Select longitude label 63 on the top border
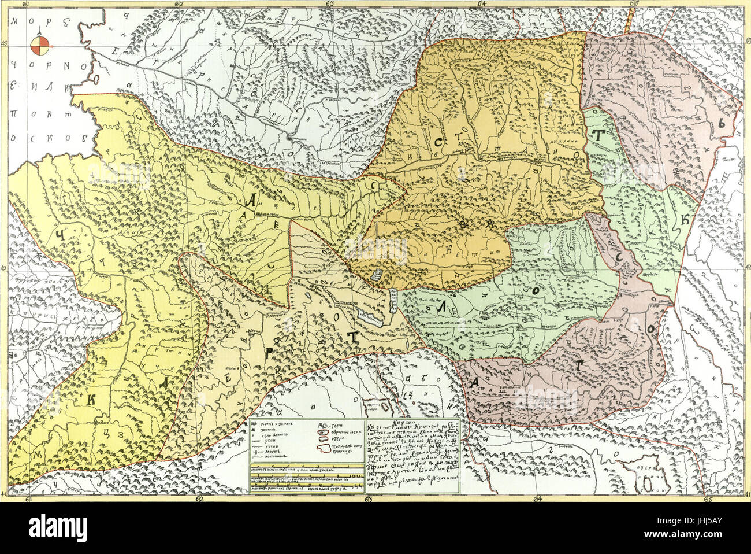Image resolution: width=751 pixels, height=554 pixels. point(330,4)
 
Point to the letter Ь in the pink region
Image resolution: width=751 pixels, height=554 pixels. point(721,123)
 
